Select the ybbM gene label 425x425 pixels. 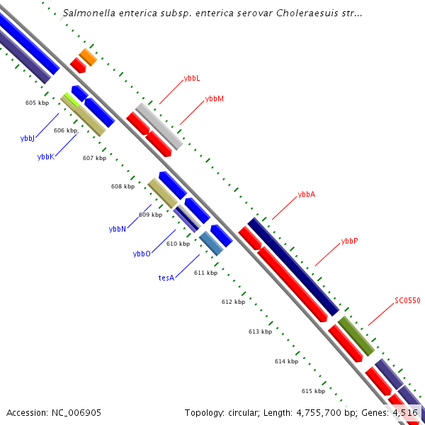click(x=214, y=98)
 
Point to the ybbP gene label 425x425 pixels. click(x=349, y=240)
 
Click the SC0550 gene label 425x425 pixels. click(x=407, y=300)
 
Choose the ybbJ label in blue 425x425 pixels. click(x=28, y=138)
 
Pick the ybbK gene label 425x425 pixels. click(x=45, y=157)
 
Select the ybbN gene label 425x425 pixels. click(x=118, y=229)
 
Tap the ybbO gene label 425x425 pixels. click(x=142, y=253)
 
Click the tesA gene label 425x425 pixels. click(x=166, y=278)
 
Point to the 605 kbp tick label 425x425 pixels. click(x=37, y=103)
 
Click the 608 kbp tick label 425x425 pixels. click(x=123, y=187)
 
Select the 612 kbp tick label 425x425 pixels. click(x=233, y=302)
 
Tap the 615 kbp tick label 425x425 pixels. click(x=313, y=391)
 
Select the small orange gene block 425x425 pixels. click(x=88, y=57)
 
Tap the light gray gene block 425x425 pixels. click(x=159, y=126)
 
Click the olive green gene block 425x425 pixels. click(x=356, y=336)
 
